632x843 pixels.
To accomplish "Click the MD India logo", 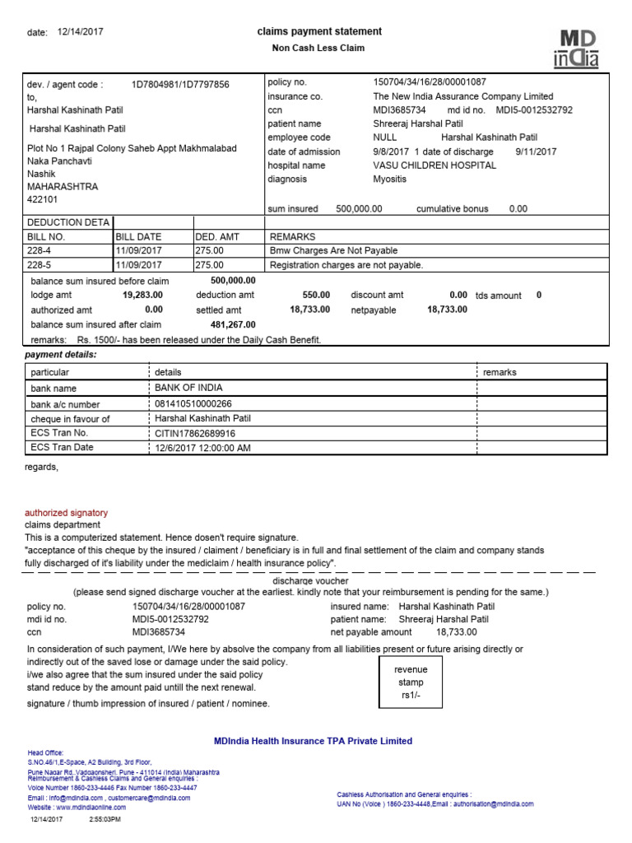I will [x=580, y=48].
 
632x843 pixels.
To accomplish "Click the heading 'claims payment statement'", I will [x=319, y=31].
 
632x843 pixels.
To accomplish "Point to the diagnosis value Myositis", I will [x=391, y=179].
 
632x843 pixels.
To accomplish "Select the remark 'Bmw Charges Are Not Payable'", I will [x=333, y=250].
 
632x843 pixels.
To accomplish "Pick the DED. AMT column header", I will [x=217, y=236].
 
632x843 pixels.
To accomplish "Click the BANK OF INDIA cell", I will [x=188, y=388].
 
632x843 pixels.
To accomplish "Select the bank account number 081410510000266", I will [x=193, y=403].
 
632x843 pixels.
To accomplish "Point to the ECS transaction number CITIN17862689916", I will [x=195, y=433].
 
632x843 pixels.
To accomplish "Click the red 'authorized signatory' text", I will [x=66, y=513].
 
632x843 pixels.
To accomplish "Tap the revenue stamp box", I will [x=411, y=682].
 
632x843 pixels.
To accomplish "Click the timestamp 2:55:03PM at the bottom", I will [x=104, y=820].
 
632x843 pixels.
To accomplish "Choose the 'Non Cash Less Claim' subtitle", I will [x=318, y=48].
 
